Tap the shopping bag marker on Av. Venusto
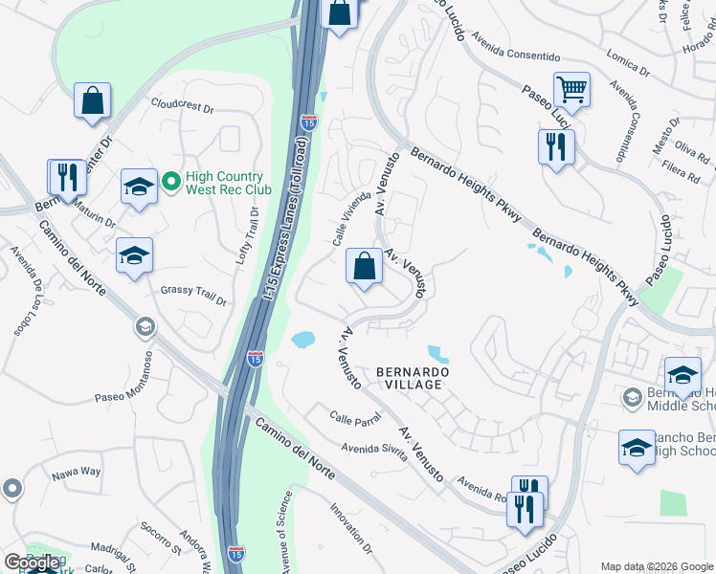[x=364, y=267]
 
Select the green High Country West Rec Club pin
[x=171, y=180]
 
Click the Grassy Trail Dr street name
[x=193, y=296]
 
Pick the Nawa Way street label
[x=76, y=471]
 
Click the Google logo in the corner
[x=32, y=563]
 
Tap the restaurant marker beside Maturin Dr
[x=66, y=178]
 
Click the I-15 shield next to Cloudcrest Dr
[x=308, y=122]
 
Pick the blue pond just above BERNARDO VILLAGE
[x=437, y=353]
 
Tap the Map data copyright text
[x=657, y=565]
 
